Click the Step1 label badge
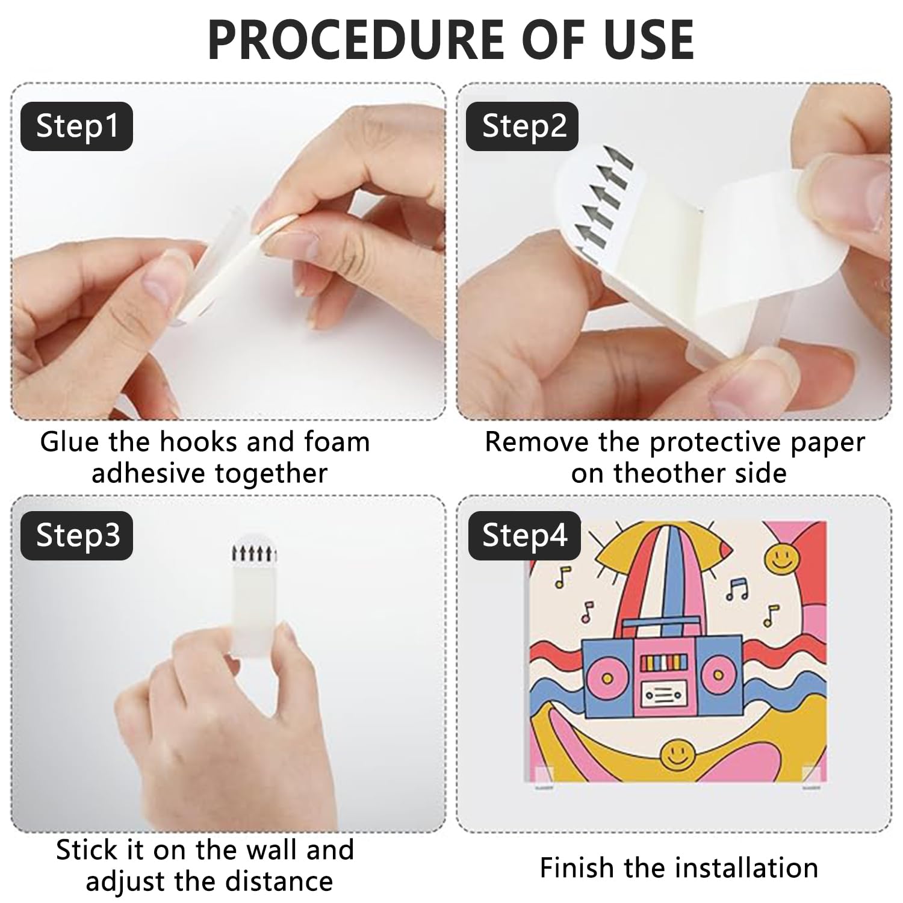[76, 126]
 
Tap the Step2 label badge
[523, 126]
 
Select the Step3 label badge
[76, 536]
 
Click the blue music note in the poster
[736, 589]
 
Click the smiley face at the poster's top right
[781, 557]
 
